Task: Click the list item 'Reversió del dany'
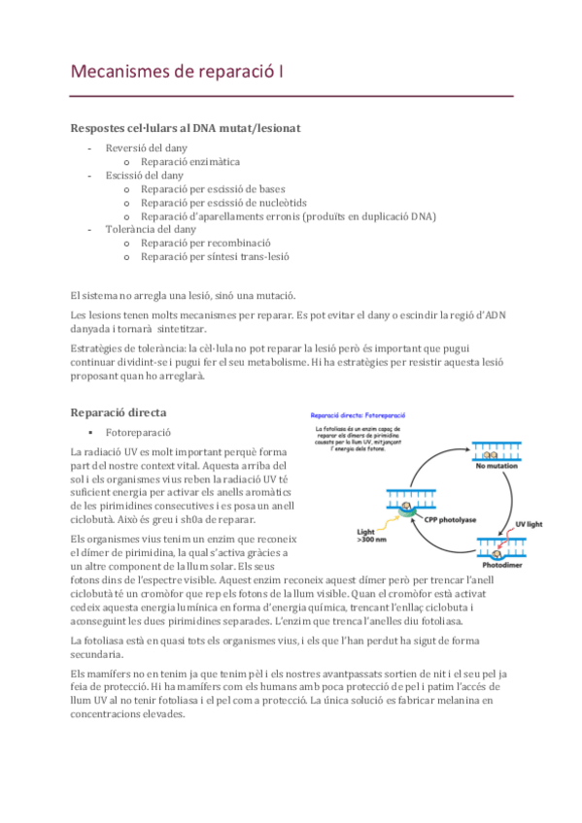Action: [146, 148]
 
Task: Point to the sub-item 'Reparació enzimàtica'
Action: [190, 161]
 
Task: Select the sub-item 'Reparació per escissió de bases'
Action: [225, 188]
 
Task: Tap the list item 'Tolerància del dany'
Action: [151, 230]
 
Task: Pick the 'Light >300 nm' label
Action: [371, 535]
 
